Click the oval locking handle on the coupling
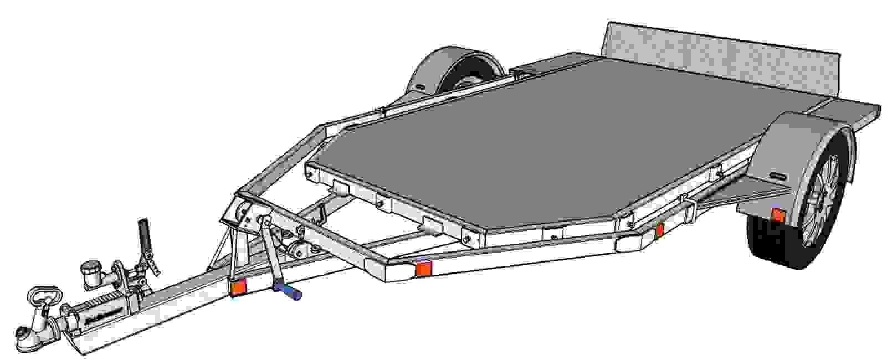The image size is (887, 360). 42,294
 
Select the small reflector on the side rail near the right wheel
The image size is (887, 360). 659,230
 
